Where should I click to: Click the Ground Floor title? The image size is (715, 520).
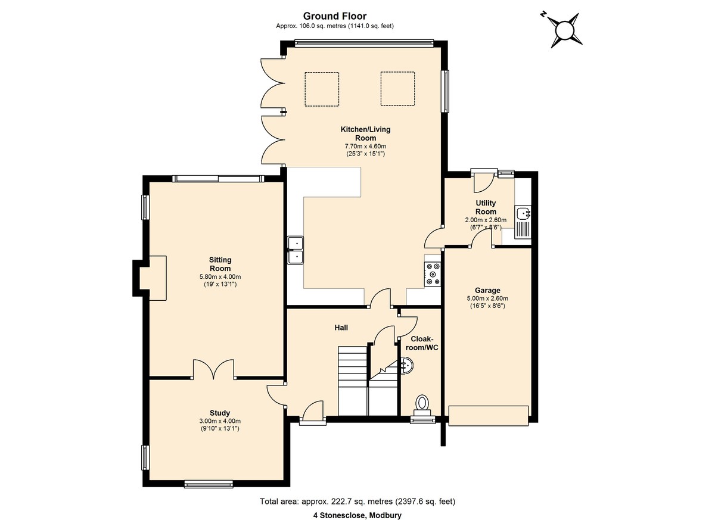pyautogui.click(x=335, y=16)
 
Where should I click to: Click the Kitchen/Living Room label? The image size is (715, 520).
pyautogui.click(x=365, y=133)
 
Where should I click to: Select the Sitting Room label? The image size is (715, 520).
pyautogui.click(x=220, y=264)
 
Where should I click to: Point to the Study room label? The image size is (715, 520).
pyautogui.click(x=220, y=413)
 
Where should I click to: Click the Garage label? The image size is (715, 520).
pyautogui.click(x=487, y=290)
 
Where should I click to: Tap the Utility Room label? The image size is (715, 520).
pyautogui.click(x=486, y=207)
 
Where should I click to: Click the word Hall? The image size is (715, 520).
pyautogui.click(x=341, y=328)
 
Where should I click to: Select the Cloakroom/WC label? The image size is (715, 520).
pyautogui.click(x=422, y=343)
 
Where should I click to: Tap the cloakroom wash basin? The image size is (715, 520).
pyautogui.click(x=408, y=365)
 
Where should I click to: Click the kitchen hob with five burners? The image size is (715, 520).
pyautogui.click(x=433, y=274)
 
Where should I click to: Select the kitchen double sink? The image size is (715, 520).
pyautogui.click(x=296, y=250)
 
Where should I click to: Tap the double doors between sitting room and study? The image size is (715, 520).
pyautogui.click(x=213, y=369)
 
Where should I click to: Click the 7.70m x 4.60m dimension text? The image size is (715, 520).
pyautogui.click(x=365, y=147)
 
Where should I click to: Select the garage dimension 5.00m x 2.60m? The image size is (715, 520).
pyautogui.click(x=487, y=298)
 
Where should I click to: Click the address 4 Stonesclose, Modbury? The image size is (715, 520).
pyautogui.click(x=357, y=506)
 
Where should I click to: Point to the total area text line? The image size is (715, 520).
pyautogui.click(x=357, y=493)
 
